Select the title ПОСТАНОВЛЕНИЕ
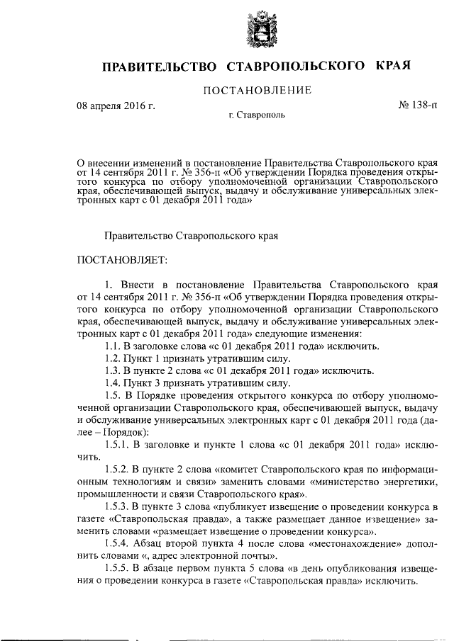coord(258,91)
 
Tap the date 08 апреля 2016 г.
coord(116,107)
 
